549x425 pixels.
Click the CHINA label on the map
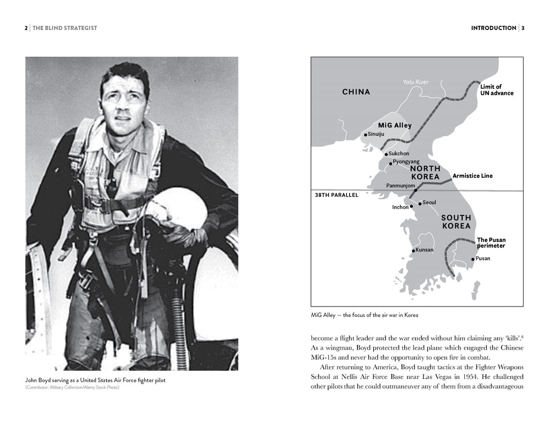356,92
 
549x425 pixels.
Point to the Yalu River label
416,82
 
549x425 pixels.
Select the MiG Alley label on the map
395,125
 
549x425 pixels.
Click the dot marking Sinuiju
366,135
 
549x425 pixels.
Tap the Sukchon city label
399,153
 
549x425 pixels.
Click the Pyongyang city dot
391,163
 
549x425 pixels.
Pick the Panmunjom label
399,185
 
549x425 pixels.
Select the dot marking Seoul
420,203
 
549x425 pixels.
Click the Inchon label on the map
400,207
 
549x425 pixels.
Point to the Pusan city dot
472,259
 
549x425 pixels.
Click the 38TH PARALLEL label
336,195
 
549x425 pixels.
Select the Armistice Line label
472,176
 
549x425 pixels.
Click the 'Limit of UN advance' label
496,90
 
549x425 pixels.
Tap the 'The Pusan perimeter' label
491,243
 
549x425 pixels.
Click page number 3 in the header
523,28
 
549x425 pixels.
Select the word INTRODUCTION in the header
493,28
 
